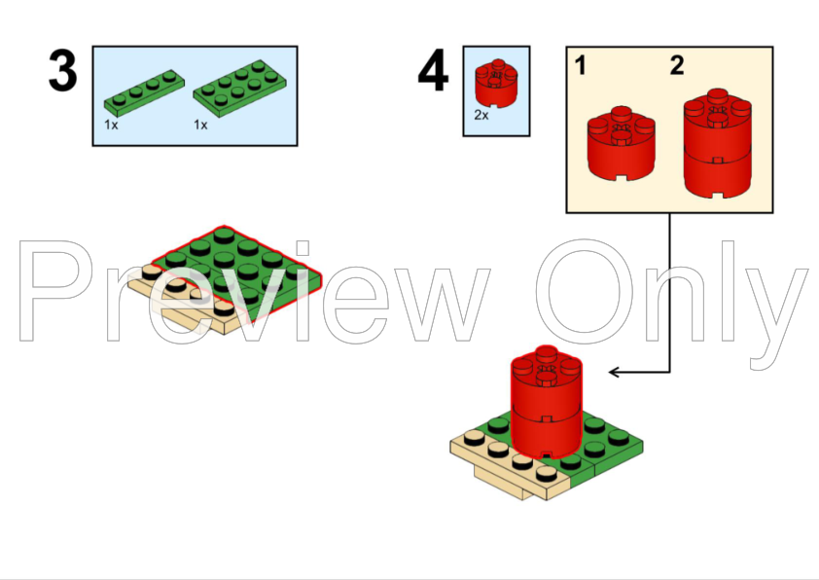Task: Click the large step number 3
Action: click(62, 70)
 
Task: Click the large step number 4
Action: click(433, 70)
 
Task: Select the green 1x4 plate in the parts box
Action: click(144, 92)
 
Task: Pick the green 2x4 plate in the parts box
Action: click(239, 88)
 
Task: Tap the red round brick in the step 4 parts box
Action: click(496, 84)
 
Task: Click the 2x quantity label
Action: click(481, 115)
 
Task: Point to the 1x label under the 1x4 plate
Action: click(111, 125)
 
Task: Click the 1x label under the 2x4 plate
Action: click(200, 125)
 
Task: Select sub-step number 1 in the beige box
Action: click(581, 66)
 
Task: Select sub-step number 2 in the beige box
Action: click(677, 66)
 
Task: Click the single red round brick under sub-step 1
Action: click(621, 144)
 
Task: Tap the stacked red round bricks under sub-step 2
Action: click(718, 144)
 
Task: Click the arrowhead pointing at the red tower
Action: click(615, 372)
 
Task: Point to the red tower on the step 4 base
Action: click(547, 402)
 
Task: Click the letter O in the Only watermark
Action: click(584, 291)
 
